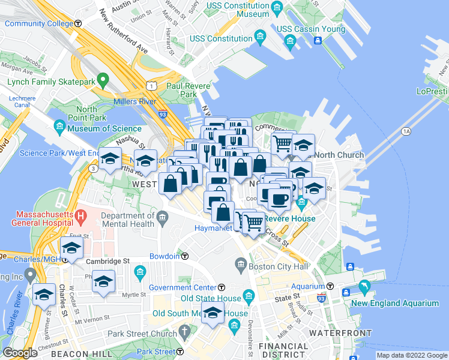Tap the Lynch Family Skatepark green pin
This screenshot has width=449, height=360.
tap(103, 79)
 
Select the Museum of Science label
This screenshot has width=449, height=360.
tap(105, 128)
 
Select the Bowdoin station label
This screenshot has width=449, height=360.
tap(164, 256)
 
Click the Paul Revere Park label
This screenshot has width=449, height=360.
tap(189, 90)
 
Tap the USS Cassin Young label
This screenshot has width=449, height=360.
tap(310, 29)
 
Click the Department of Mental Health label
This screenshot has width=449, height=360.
tap(128, 221)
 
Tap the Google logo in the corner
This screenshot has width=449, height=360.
tap(20, 353)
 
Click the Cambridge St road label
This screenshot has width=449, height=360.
tap(107, 262)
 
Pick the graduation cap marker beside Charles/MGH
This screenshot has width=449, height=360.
tap(71, 248)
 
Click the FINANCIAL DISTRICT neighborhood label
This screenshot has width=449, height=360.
tap(283, 352)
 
